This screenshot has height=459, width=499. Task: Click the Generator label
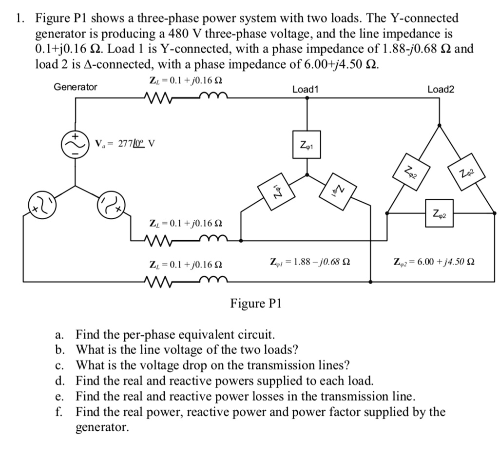(75, 87)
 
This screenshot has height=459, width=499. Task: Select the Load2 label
(440, 89)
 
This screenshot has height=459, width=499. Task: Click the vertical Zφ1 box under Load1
(307, 144)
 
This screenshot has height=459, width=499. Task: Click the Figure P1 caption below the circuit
(256, 304)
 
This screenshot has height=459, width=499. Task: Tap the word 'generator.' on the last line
(102, 427)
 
